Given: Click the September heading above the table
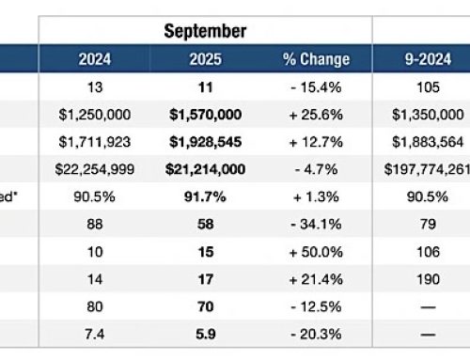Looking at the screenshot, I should coord(205,31).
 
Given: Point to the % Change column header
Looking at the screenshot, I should coord(315,60).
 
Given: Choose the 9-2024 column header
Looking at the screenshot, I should coord(420,60).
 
